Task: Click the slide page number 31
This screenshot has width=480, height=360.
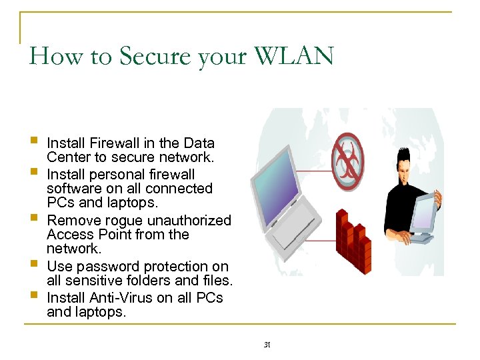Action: [266, 345]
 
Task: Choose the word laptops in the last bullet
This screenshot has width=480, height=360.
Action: [101, 311]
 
